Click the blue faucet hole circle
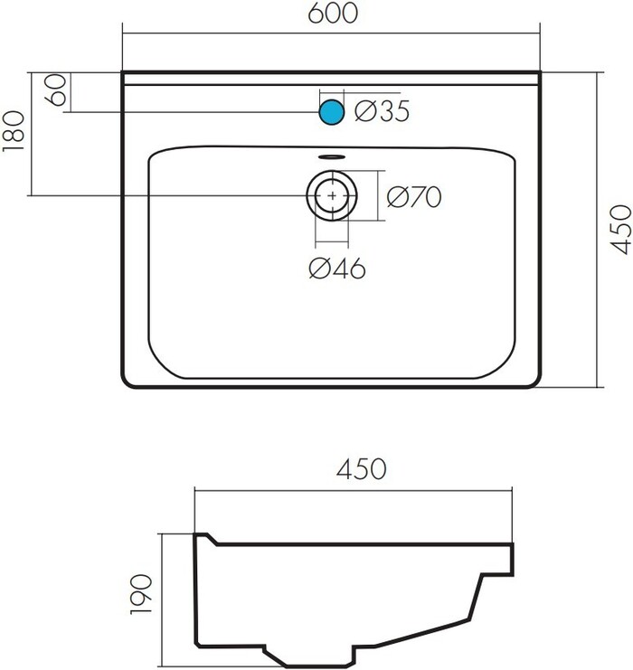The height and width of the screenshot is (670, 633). pos(332,112)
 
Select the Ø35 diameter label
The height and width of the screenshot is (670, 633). pos(382,111)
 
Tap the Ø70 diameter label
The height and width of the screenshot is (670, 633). pos(414,197)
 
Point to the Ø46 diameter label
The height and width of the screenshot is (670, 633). pos(336,269)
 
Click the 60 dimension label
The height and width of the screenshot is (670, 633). pos(56,90)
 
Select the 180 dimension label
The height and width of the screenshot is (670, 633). pos(14,131)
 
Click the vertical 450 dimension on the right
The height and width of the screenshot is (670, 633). pos(620,230)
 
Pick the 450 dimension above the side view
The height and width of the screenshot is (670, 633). pos(361,468)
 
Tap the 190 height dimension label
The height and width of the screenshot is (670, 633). pos(141,594)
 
